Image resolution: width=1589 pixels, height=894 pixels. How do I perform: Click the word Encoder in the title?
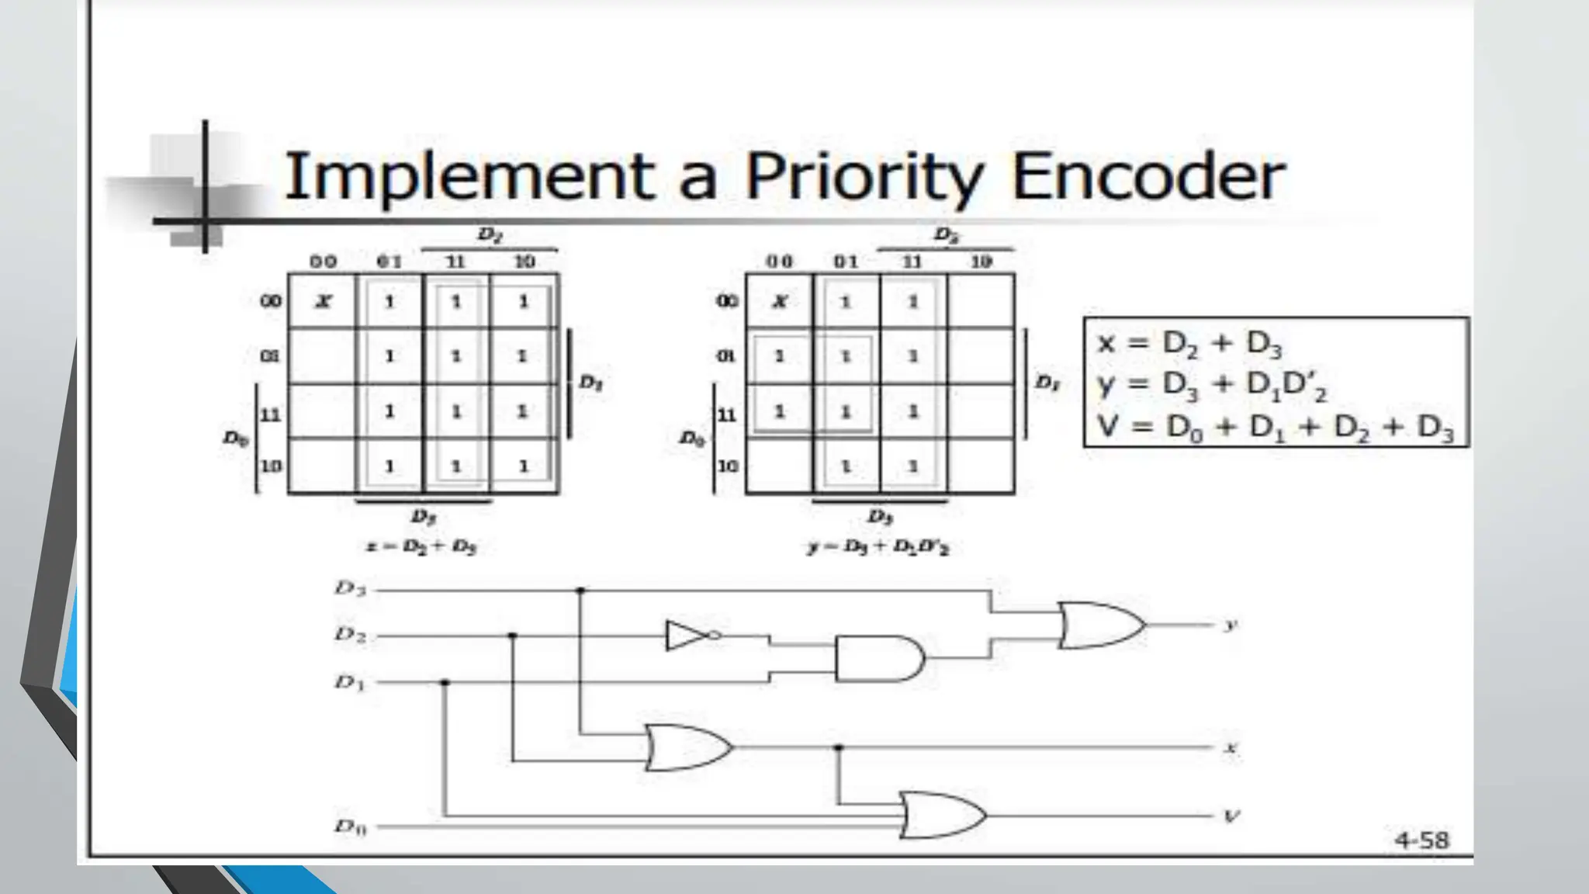tap(1148, 177)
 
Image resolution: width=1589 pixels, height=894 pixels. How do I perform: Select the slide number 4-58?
tap(1421, 840)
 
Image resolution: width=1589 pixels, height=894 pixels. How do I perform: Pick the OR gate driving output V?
tap(942, 816)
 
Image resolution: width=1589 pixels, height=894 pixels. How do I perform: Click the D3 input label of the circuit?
tap(350, 588)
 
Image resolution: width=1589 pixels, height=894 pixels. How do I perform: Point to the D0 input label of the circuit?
tap(350, 826)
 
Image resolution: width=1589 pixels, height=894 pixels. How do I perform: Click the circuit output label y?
tap(1230, 625)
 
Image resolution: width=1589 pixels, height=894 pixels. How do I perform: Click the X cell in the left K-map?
tap(323, 302)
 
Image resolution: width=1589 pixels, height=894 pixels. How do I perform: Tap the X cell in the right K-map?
tap(780, 302)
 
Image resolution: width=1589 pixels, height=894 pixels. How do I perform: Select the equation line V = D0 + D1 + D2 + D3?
tap(1275, 427)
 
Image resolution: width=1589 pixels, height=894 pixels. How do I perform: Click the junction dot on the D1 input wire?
tap(445, 682)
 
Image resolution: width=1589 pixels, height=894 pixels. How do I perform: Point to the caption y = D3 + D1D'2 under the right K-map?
tap(878, 548)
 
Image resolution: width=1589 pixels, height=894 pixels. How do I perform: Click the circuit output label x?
tap(1231, 748)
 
